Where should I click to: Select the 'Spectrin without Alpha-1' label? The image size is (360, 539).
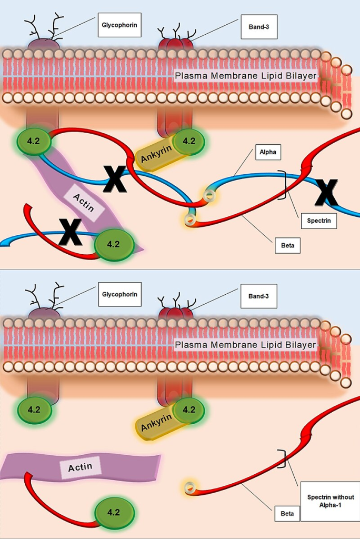[331, 501]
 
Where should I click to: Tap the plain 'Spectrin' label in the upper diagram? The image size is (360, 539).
[319, 221]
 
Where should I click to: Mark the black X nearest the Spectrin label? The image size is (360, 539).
[326, 192]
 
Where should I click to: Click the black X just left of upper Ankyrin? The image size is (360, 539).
[114, 179]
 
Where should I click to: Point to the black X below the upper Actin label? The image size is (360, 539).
[70, 232]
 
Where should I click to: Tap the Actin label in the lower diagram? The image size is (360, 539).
[80, 467]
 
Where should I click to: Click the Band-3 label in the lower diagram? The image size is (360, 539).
[259, 296]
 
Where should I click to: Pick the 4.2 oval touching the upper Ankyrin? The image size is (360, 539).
[188, 141]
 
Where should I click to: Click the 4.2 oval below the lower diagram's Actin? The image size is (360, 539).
[113, 512]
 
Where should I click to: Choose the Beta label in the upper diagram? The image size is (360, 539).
[287, 245]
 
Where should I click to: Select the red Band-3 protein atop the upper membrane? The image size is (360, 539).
[176, 44]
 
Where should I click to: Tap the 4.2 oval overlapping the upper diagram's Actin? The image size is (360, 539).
[113, 245]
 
